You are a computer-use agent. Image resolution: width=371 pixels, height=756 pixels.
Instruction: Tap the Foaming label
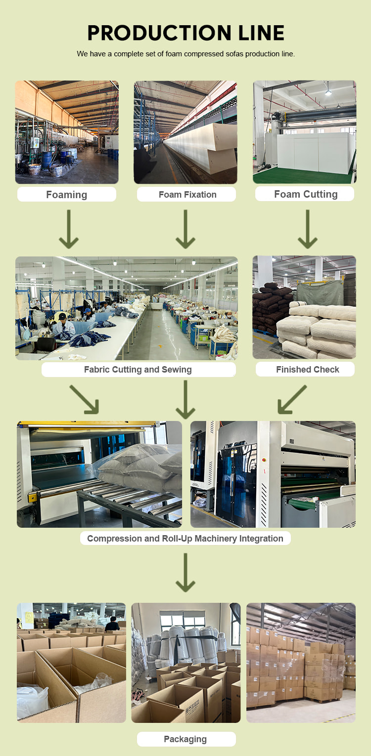pyautogui.click(x=67, y=195)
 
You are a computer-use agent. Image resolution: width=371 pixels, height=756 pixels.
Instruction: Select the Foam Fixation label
pyautogui.click(x=187, y=195)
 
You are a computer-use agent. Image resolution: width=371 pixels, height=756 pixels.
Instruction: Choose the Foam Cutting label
pyautogui.click(x=305, y=194)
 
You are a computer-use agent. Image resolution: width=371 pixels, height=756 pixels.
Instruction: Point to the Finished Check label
pyautogui.click(x=307, y=370)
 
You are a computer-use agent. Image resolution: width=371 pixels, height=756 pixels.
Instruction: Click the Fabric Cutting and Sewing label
pyautogui.click(x=138, y=370)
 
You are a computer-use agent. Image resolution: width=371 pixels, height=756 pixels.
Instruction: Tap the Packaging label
pyautogui.click(x=185, y=739)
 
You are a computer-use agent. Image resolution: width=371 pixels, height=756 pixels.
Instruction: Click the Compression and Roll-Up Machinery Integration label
pyautogui.click(x=185, y=539)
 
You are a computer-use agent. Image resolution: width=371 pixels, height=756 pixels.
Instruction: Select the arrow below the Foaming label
pyautogui.click(x=69, y=229)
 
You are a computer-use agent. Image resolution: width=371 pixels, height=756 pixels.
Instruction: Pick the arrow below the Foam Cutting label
pyautogui.click(x=308, y=229)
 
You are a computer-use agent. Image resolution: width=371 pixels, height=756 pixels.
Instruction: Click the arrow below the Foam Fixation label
pyautogui.click(x=185, y=229)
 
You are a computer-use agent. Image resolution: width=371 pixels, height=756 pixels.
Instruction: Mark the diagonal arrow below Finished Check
pyautogui.click(x=292, y=399)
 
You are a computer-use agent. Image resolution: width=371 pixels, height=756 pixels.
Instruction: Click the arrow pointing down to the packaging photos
pyautogui.click(x=185, y=572)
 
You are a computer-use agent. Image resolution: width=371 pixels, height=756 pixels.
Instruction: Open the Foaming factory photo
pyautogui.click(x=67, y=132)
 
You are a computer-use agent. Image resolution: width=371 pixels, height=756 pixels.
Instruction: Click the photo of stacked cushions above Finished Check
pyautogui.click(x=304, y=307)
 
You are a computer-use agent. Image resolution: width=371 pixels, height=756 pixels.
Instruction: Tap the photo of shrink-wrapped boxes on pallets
pyautogui.click(x=301, y=663)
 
